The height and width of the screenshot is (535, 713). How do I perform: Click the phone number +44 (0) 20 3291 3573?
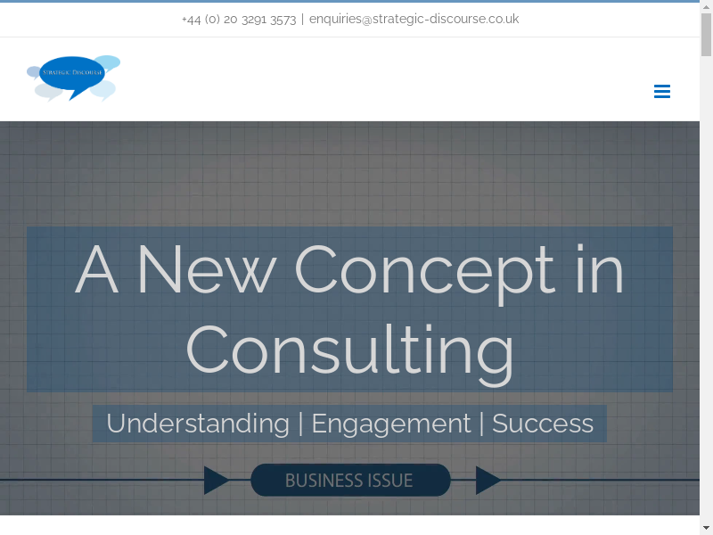click(x=239, y=19)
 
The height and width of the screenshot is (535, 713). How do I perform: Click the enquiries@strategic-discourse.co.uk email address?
click(x=414, y=19)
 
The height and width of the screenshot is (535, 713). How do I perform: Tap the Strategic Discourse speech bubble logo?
click(x=74, y=78)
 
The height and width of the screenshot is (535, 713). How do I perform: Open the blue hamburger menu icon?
click(x=662, y=91)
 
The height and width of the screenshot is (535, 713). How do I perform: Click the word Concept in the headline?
click(x=425, y=271)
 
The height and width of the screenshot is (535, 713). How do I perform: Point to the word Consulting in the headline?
click(x=350, y=350)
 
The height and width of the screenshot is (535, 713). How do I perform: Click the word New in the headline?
click(x=207, y=269)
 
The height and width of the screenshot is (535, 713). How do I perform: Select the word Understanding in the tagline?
click(x=198, y=424)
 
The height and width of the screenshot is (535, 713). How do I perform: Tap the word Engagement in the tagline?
click(x=391, y=424)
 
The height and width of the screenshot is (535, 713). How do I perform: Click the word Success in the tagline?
click(x=543, y=424)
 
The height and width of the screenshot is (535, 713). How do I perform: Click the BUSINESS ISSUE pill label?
click(x=350, y=480)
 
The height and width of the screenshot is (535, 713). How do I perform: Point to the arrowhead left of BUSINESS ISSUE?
click(x=217, y=480)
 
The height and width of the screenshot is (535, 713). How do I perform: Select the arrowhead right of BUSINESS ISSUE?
click(x=488, y=480)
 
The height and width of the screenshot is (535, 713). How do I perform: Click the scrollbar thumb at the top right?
click(x=706, y=35)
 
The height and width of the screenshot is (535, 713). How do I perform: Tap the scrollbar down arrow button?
click(x=706, y=530)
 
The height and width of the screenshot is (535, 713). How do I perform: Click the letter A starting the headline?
click(x=97, y=269)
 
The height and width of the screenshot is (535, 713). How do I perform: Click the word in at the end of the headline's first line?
click(x=599, y=268)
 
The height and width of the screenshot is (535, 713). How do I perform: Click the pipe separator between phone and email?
click(x=302, y=19)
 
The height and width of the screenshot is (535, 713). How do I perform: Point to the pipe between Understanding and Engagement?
click(x=300, y=424)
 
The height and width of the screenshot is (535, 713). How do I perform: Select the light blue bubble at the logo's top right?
click(x=108, y=62)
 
